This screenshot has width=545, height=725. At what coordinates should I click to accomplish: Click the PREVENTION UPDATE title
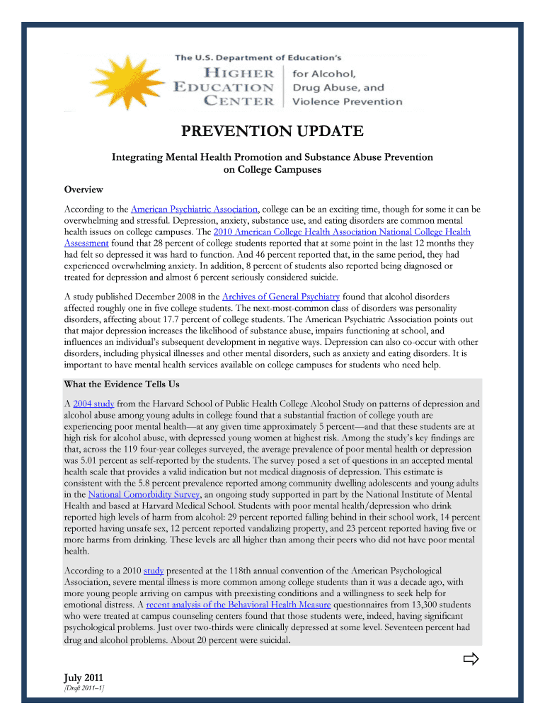click(x=272, y=132)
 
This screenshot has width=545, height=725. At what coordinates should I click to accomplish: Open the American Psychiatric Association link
click(x=195, y=210)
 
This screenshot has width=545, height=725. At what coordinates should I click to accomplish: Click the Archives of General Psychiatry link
click(x=281, y=297)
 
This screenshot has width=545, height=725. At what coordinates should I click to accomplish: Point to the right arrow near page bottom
click(x=471, y=661)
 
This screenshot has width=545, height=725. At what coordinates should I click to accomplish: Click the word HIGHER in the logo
click(x=239, y=74)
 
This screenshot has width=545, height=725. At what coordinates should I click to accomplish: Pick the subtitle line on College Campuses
click(x=272, y=170)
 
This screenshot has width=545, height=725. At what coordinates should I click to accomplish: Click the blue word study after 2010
click(x=153, y=571)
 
